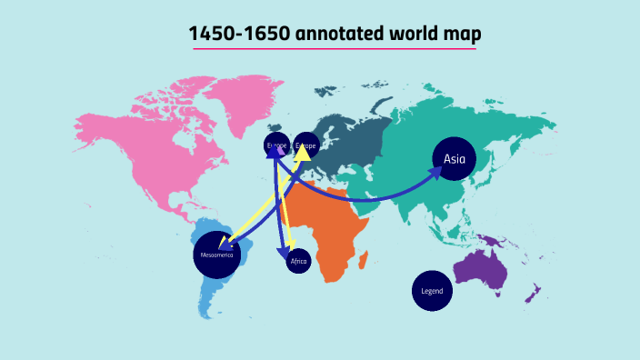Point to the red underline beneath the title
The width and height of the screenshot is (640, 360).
pyautogui.click(x=333, y=48)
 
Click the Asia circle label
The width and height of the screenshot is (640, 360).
pyautogui.click(x=454, y=159)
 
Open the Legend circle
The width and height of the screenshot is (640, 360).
pyautogui.click(x=432, y=291)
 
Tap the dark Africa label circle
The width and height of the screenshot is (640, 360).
pyautogui.click(x=298, y=262)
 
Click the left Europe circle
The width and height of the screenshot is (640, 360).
pyautogui.click(x=276, y=145)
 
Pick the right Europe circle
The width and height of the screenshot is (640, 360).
pyautogui.click(x=305, y=145)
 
